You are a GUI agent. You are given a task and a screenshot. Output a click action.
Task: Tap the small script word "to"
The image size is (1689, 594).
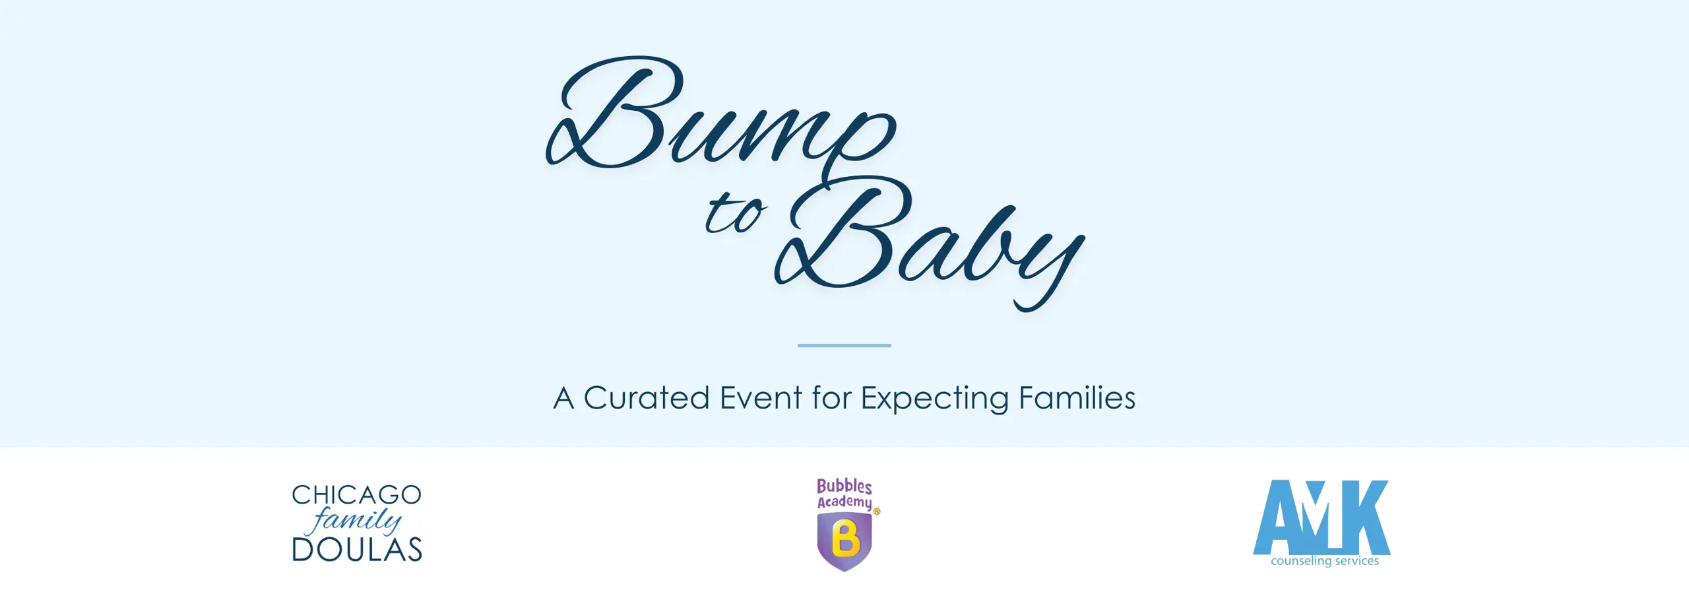point(735,214)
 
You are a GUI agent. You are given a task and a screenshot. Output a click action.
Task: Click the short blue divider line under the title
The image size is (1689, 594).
point(844,345)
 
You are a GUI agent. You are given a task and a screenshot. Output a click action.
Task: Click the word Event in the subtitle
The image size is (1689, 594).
point(761,398)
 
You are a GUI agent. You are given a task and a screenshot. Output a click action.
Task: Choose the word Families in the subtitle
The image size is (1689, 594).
point(1077,398)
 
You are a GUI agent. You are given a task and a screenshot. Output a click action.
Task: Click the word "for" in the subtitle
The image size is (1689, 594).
point(831,398)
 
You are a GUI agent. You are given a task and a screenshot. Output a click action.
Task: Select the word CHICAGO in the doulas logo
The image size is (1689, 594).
point(356,495)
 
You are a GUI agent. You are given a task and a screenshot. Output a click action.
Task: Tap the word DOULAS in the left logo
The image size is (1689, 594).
point(356,550)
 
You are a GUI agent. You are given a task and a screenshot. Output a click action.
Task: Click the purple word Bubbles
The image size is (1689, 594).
point(844,486)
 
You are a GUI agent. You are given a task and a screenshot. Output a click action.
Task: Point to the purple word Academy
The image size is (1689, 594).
point(844,502)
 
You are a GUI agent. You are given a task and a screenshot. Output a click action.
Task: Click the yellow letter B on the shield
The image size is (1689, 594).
point(845,539)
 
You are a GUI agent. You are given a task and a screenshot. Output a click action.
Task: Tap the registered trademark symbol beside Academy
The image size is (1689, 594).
point(877,511)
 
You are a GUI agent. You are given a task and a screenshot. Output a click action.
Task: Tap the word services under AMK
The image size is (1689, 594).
point(1356,561)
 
